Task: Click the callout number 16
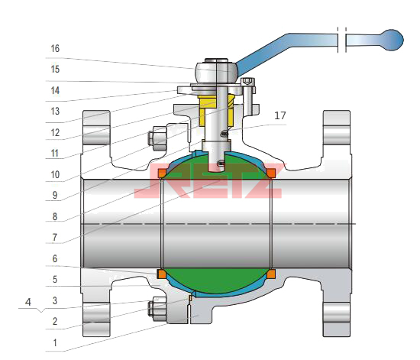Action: point(55,48)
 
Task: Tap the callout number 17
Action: point(280,115)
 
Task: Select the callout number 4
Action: point(27,302)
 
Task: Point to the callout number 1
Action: point(55,342)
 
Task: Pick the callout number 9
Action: point(55,195)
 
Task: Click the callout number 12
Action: point(55,132)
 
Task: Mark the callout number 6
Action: point(55,258)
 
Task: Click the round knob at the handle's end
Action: point(392,40)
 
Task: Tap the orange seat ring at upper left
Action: point(162,174)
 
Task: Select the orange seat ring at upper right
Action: point(271,174)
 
